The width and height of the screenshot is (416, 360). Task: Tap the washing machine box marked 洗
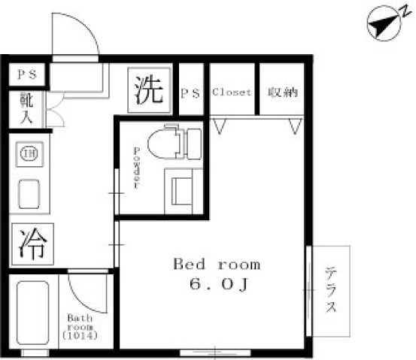(x=149, y=90)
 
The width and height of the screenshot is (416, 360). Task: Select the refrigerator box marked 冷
(x=32, y=244)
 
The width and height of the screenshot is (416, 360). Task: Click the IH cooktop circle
(x=29, y=154)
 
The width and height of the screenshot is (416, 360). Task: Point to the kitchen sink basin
(x=29, y=194)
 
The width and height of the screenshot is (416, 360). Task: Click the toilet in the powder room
(x=175, y=143)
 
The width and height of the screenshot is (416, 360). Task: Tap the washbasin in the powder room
(x=183, y=191)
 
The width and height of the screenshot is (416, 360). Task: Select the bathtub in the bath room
(x=33, y=313)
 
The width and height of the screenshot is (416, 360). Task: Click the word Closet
(x=232, y=92)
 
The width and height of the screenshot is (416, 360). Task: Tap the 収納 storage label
(x=283, y=92)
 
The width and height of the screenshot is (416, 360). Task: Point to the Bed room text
(x=217, y=264)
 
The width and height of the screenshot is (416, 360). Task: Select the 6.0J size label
(x=219, y=284)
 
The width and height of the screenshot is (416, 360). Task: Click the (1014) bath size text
(x=80, y=336)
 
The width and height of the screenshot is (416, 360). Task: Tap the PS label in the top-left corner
(x=27, y=74)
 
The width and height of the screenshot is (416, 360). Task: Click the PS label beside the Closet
(x=190, y=93)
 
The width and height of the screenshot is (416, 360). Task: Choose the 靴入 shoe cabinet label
(x=26, y=109)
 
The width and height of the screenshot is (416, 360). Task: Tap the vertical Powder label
(x=136, y=168)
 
